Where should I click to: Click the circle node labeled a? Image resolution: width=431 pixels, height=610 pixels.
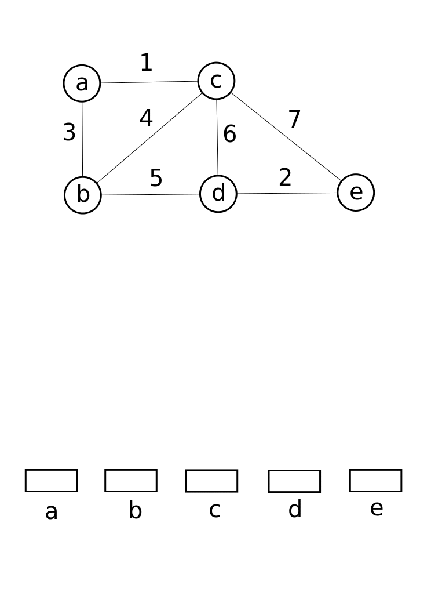tap(82, 83)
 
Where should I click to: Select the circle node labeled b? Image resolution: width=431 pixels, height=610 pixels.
tap(83, 195)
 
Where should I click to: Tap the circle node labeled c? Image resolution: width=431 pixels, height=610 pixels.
tap(216, 81)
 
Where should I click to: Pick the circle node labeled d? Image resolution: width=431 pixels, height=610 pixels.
tap(218, 194)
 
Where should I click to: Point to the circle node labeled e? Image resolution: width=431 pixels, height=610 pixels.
tap(356, 193)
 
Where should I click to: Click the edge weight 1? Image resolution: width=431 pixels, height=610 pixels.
tap(146, 63)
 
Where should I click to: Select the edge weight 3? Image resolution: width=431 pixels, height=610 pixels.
tap(69, 133)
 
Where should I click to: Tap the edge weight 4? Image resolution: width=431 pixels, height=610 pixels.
tap(146, 119)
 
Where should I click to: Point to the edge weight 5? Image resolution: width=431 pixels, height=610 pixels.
tap(156, 178)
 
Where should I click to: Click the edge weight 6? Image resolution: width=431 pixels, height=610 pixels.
tap(229, 135)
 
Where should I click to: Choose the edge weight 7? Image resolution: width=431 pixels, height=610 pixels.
tap(294, 120)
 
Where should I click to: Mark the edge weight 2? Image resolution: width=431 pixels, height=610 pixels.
tap(284, 178)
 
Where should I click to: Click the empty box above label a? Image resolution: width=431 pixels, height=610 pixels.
tap(51, 481)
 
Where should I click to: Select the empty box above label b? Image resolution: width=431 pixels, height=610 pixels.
tap(131, 481)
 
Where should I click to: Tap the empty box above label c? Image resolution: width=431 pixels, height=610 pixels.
tap(211, 481)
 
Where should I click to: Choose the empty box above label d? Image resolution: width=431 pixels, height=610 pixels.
tap(294, 481)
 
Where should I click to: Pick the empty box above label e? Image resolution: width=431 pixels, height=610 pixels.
tap(375, 481)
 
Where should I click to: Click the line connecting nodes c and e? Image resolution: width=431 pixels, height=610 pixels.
tap(286, 137)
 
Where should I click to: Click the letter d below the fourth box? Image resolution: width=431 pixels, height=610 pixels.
tap(295, 510)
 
